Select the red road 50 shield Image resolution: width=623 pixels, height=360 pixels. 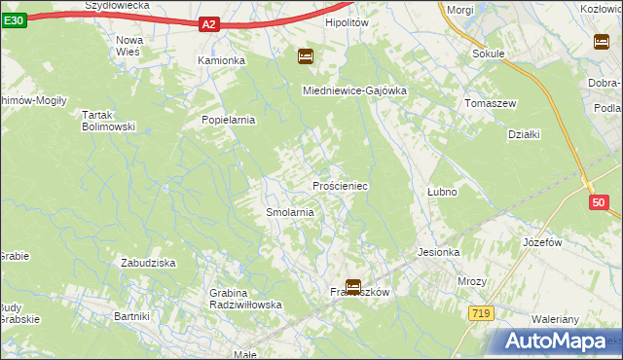[x=599, y=202]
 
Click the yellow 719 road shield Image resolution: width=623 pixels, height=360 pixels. [x=479, y=313]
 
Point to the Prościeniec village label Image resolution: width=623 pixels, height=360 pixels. [x=339, y=185]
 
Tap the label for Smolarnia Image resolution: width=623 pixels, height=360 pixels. [x=289, y=211]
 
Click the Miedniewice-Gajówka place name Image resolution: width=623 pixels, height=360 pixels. [x=354, y=90]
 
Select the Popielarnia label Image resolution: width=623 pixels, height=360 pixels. [x=228, y=121]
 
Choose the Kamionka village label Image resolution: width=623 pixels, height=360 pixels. [x=222, y=60]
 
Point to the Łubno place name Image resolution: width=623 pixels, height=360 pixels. [x=442, y=192]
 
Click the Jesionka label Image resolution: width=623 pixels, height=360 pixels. [x=438, y=252]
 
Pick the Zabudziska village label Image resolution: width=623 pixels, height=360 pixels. [x=147, y=263]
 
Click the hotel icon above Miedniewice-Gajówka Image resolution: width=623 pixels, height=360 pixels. [x=306, y=57]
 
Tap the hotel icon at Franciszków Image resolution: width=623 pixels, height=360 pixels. [x=353, y=287]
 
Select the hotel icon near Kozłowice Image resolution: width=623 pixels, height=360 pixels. [x=601, y=41]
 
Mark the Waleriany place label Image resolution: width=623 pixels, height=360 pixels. [x=555, y=319]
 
